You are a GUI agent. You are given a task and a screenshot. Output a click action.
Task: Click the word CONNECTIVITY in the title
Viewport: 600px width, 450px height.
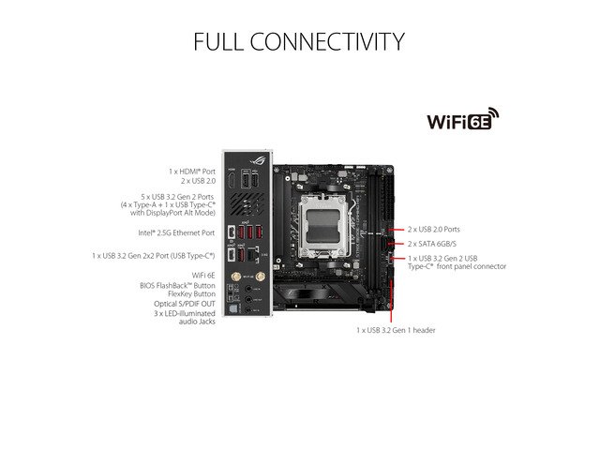327,41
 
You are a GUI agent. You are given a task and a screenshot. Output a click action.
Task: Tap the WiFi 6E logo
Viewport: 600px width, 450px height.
463,119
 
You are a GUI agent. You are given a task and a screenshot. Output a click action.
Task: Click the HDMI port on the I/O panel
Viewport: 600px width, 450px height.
232,179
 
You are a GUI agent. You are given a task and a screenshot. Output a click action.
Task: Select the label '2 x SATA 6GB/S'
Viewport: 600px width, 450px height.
431,244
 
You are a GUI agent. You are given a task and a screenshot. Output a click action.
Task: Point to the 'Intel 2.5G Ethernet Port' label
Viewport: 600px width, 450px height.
176,232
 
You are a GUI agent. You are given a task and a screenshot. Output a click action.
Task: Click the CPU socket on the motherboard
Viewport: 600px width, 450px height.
323,225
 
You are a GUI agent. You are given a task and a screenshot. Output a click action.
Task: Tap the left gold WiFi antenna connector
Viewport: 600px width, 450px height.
235,276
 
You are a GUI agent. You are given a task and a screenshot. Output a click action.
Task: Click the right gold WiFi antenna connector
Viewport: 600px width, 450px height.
261,276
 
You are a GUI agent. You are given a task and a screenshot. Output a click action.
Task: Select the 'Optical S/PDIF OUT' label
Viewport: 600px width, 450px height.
185,304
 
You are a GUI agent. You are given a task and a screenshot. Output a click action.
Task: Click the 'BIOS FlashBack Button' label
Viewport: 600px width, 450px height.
177,285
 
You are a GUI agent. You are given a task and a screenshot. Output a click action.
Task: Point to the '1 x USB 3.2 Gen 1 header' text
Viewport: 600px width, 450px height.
396,330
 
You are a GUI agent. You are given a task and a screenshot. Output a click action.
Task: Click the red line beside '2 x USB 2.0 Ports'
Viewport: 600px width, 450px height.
397,230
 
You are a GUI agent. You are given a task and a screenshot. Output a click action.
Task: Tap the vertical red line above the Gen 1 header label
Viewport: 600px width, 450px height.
391,301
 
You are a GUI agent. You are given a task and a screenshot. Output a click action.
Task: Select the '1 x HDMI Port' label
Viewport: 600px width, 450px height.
192,172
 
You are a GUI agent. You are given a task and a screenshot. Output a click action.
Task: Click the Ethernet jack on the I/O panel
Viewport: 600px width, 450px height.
251,254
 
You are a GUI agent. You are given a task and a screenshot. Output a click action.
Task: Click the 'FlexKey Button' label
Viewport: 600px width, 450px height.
191,293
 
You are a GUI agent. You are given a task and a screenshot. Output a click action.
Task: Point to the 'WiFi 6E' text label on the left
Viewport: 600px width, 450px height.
203,275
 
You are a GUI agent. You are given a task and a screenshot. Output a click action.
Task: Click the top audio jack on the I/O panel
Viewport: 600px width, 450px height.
248,289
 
